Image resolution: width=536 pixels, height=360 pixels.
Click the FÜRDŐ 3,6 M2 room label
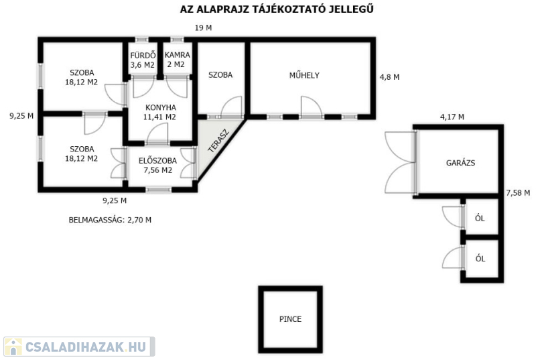tap(143, 60)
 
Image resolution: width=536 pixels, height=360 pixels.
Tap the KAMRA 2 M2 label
tap(177, 60)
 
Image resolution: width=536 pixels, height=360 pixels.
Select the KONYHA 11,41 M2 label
tap(160, 112)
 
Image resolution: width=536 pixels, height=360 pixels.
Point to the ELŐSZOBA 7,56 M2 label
tap(157, 166)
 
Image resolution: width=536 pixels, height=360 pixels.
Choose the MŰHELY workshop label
tap(304, 75)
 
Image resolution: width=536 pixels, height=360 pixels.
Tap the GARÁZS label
tap(460, 163)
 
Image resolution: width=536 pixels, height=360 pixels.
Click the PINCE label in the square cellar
tap(290, 319)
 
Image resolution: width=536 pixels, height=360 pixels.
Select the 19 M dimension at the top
tap(203, 28)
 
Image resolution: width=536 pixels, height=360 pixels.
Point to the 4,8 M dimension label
tap(389, 77)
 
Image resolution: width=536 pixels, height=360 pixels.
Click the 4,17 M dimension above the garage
tap(452, 117)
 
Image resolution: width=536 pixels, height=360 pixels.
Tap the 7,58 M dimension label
tap(518, 193)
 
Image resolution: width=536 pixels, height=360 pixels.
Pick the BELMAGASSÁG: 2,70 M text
tap(110, 220)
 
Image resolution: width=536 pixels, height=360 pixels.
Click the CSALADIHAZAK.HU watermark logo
tap(79, 347)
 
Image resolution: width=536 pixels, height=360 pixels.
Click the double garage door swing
tap(400, 163)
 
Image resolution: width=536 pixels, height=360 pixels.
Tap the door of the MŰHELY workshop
tap(311, 107)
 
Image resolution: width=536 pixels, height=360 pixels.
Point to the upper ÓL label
tap(480, 218)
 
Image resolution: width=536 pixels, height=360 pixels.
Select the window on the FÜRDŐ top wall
tap(141, 40)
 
